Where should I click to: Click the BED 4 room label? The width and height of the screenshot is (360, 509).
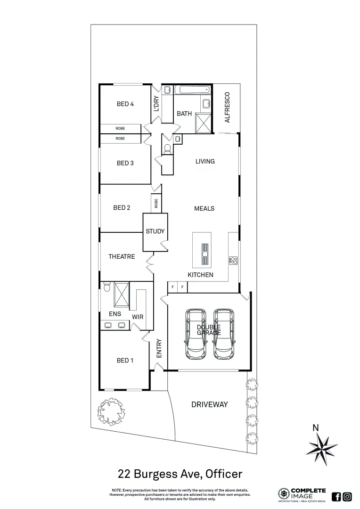coord(125,104)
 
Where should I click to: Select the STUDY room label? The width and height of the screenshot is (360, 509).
coord(155,231)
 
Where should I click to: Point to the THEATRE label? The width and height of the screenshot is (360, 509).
coord(122,257)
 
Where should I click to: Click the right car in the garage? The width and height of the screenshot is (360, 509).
coord(224,333)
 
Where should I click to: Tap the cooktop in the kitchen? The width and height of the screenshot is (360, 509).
coord(233,260)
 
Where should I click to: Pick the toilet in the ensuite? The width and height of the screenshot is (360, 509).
coord(106,287)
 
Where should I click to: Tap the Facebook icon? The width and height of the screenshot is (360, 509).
coord(336,496)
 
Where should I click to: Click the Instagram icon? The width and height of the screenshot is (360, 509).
coord(347,496)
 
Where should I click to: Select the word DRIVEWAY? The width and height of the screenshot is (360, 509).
coord(209,404)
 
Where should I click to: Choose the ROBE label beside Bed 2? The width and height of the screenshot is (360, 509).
coord(155,204)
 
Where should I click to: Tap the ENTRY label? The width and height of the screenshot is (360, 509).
coord(159,348)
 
